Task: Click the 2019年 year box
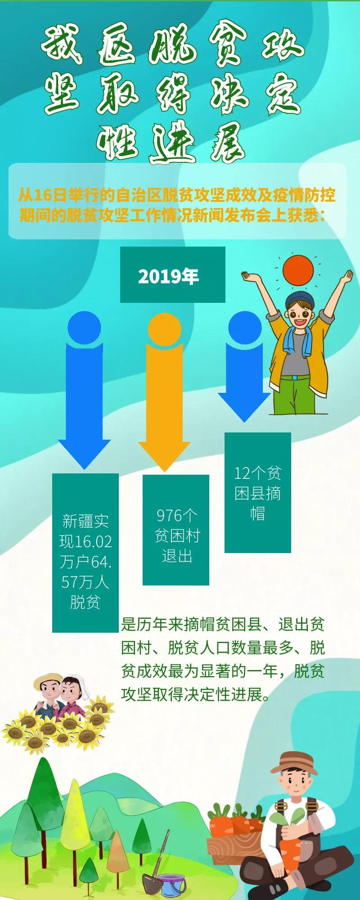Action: (x=172, y=274)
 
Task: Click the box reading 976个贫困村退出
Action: (x=176, y=530)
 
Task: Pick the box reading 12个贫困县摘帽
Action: (x=258, y=493)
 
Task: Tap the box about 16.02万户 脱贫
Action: (x=85, y=553)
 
